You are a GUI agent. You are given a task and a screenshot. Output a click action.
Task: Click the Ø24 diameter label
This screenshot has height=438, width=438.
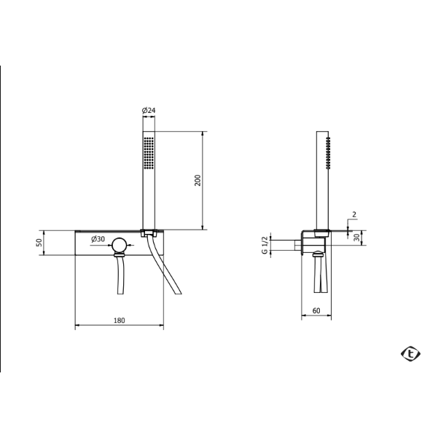pyautogui.click(x=149, y=110)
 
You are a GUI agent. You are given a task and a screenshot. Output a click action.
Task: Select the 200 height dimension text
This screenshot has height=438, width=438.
pyautogui.click(x=198, y=181)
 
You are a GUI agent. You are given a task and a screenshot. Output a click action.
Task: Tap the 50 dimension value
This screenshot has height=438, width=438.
pyautogui.click(x=39, y=243)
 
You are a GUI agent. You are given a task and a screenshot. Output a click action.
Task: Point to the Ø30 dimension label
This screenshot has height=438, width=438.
pyautogui.click(x=98, y=239)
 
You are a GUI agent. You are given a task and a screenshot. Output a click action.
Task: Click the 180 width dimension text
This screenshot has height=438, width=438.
pyautogui.click(x=120, y=321)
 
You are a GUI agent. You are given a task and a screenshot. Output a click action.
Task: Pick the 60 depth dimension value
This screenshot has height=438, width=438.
pyautogui.click(x=316, y=310)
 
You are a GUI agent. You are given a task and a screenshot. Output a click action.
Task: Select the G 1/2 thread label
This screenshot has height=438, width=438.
pyautogui.click(x=265, y=245)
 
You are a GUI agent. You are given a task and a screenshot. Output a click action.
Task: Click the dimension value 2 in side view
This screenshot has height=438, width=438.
pyautogui.click(x=354, y=214)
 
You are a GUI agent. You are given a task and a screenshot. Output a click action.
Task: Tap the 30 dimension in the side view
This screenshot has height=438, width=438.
pyautogui.click(x=356, y=238)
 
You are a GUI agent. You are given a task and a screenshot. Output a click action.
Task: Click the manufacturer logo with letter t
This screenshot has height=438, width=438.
pyautogui.click(x=410, y=354)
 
